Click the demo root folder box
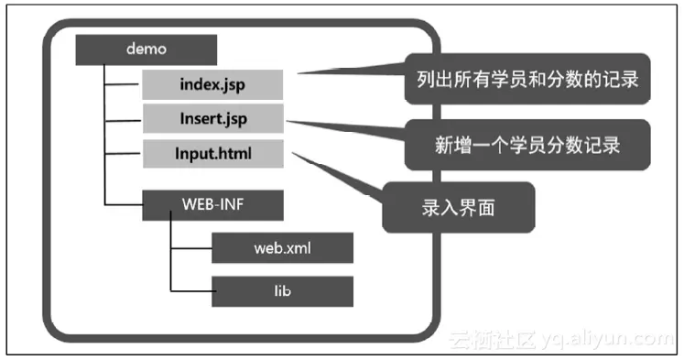pos(146,49)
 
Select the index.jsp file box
pos(212,85)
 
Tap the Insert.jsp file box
pos(212,118)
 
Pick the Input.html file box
pos(212,152)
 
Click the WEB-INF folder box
pos(212,205)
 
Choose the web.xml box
pos(282,247)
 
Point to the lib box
pos(282,290)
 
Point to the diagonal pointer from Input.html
pos(339,174)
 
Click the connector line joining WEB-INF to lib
pos(170,266)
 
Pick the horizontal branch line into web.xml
pos(191,247)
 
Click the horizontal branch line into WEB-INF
pos(124,205)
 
